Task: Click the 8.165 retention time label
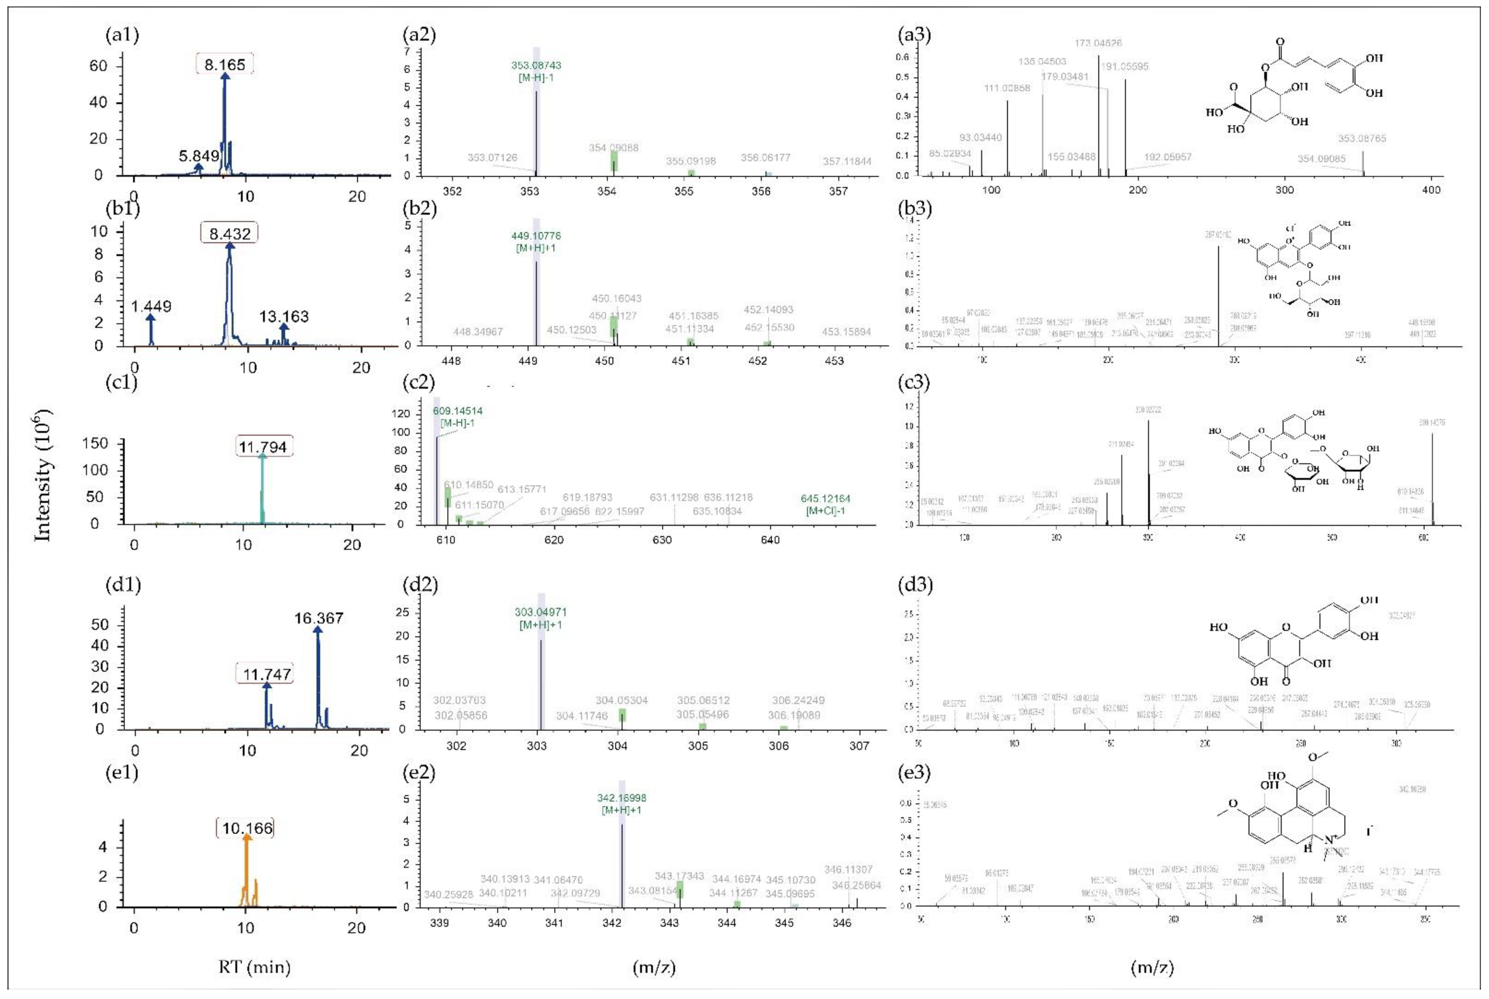tap(224, 65)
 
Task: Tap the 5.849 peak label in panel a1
tap(199, 155)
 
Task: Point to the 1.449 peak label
tap(151, 306)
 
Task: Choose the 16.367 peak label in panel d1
tap(319, 618)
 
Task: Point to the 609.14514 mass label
tap(457, 411)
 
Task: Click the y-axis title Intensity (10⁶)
tap(42, 475)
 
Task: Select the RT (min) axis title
tap(254, 967)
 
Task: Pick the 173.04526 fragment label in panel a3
tap(1099, 43)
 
